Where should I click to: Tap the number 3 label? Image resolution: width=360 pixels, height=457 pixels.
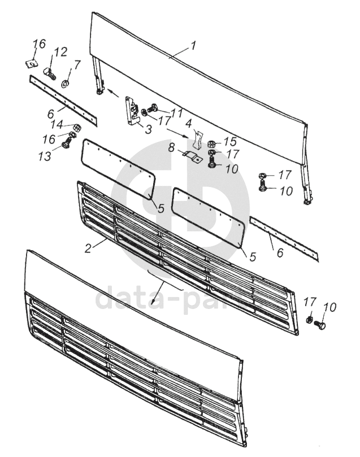(148, 129)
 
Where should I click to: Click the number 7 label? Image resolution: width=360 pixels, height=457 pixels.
(77, 65)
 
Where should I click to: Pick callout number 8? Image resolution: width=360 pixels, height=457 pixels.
(172, 149)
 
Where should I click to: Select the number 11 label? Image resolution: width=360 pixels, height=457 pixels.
(177, 113)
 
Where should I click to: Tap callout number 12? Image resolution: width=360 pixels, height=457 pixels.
(60, 52)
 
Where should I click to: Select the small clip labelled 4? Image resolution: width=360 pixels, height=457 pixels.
(197, 137)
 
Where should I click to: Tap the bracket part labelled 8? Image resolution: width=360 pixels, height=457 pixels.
(192, 156)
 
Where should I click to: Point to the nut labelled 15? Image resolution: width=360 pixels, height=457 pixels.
(211, 143)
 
